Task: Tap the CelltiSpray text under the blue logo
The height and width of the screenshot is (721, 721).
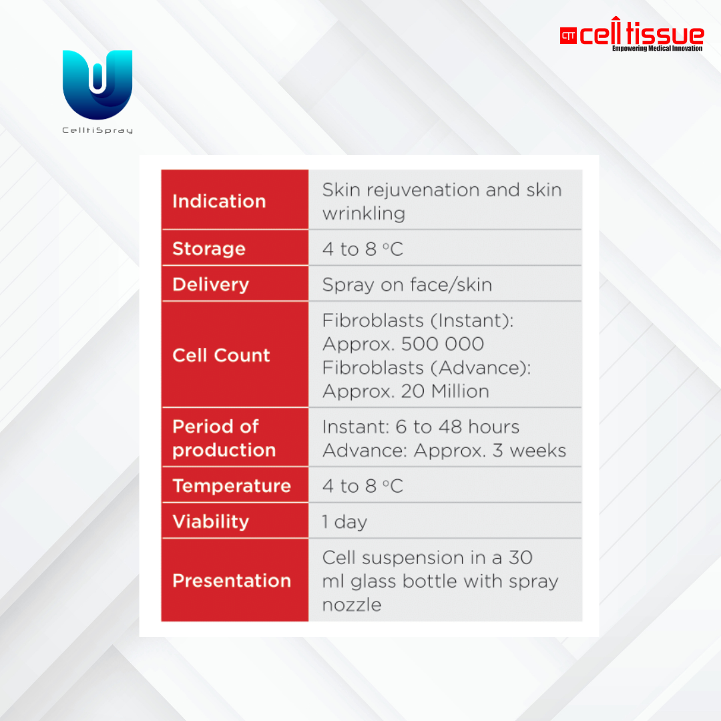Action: click(x=97, y=131)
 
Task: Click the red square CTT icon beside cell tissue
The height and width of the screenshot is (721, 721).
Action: click(x=568, y=36)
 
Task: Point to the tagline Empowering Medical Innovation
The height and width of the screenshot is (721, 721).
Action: click(x=657, y=48)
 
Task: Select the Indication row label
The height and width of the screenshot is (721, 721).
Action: click(x=220, y=202)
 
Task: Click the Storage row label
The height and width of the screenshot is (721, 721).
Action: click(x=209, y=249)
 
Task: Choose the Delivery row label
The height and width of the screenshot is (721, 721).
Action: click(x=210, y=284)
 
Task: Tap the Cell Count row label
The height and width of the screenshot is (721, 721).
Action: click(x=221, y=355)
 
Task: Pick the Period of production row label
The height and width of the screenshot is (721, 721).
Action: click(x=224, y=438)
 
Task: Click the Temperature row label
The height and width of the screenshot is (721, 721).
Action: click(x=232, y=486)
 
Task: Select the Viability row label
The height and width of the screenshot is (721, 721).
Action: click(x=210, y=522)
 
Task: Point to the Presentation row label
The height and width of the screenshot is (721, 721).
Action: click(x=232, y=581)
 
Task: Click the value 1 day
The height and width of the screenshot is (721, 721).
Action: click(x=344, y=522)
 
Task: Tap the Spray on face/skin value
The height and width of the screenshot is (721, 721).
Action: click(x=407, y=285)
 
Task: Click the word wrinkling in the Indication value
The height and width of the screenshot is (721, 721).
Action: click(x=364, y=214)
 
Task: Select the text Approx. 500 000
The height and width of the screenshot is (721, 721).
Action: click(x=403, y=344)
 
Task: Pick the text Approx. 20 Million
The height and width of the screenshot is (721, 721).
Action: click(x=406, y=391)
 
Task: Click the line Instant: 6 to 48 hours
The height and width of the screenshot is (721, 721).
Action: click(x=421, y=427)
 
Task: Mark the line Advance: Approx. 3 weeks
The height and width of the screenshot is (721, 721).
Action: click(x=444, y=451)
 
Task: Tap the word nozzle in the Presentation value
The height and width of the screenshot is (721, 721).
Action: click(x=352, y=605)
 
